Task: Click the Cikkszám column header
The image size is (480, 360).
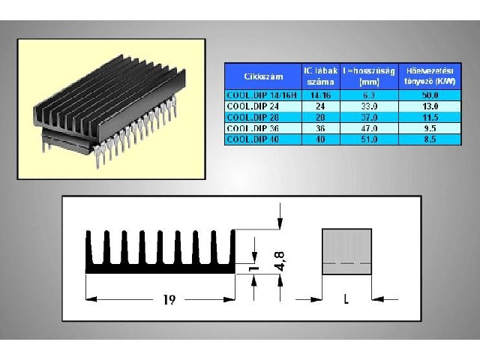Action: click(x=262, y=76)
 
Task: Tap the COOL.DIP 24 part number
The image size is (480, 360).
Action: click(x=262, y=106)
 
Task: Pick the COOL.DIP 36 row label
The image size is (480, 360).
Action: click(x=262, y=128)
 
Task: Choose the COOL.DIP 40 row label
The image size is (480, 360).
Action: click(x=262, y=139)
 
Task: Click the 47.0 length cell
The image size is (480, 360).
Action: click(x=368, y=128)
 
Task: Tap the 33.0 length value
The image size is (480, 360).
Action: click(x=368, y=106)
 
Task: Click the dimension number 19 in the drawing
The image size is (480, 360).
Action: click(x=169, y=300)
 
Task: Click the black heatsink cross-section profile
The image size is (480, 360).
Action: click(x=160, y=265)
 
